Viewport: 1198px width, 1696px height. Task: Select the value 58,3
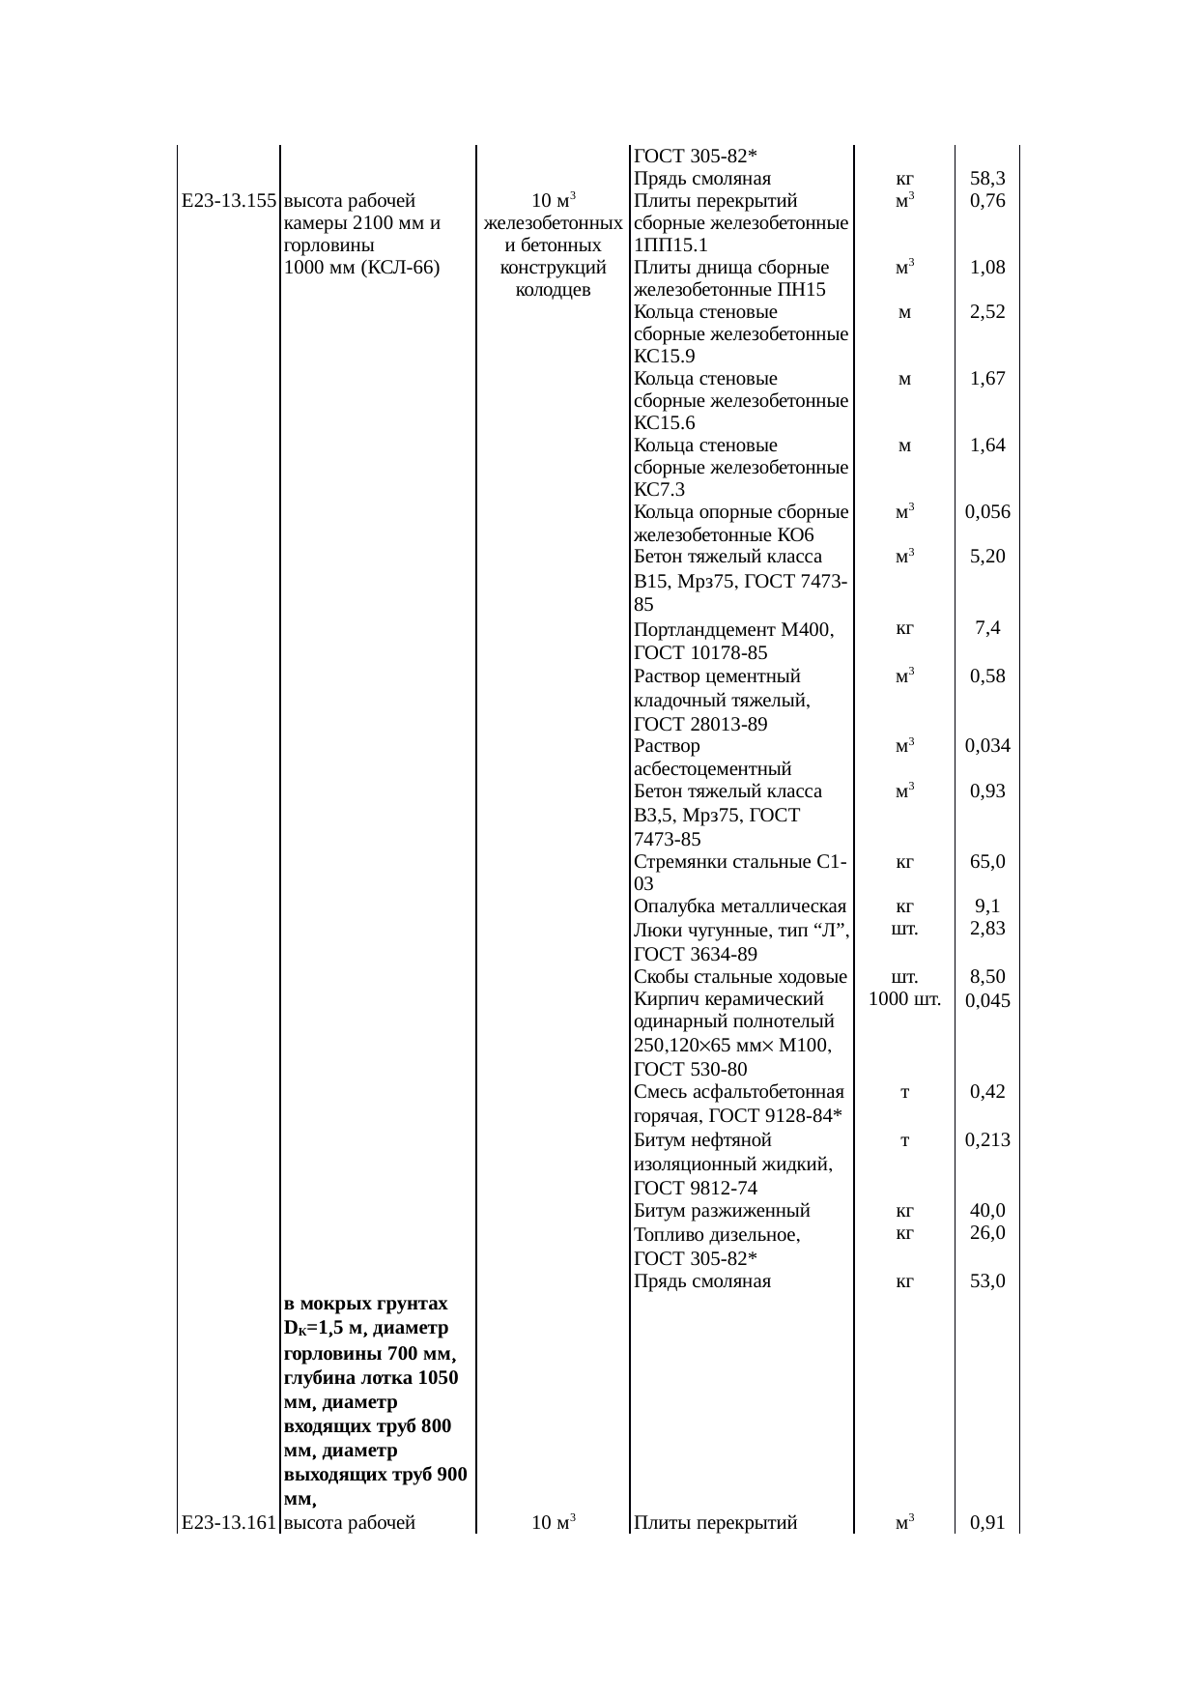click(987, 179)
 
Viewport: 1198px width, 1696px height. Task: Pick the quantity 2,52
click(987, 312)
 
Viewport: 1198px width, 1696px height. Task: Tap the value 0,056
click(987, 512)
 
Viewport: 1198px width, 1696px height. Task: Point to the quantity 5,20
click(987, 557)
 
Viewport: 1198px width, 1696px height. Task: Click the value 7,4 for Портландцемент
click(987, 629)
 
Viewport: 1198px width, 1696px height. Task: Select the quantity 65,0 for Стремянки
click(987, 861)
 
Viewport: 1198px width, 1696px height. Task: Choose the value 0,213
click(987, 1139)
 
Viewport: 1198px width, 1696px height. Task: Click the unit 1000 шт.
click(904, 999)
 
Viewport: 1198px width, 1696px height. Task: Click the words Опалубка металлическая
click(740, 906)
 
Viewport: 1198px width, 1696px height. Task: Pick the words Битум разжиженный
click(722, 1211)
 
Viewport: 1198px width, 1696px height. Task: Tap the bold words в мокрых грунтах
click(366, 1304)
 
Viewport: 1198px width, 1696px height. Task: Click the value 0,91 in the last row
click(987, 1523)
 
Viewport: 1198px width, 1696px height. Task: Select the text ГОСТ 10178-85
click(700, 653)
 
